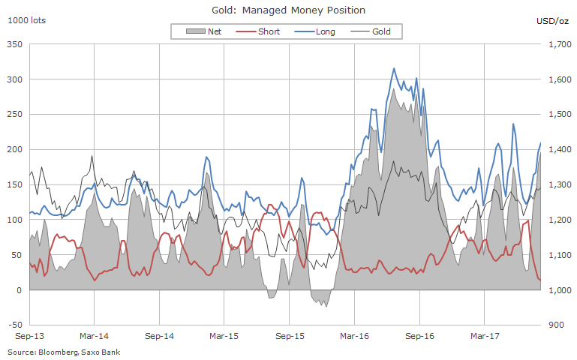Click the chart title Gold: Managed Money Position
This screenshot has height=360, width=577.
pos(289,10)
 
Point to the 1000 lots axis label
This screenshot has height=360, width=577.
pos(26,20)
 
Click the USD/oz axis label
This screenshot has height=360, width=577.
pos(554,20)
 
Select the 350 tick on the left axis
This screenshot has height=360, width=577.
pos(14,45)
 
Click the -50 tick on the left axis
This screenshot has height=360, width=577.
pos(14,325)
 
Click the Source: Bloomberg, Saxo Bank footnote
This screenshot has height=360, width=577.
pos(64,352)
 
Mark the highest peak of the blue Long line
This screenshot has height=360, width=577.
pos(394,68)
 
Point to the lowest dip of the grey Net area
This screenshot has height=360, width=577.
pos(326,306)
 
